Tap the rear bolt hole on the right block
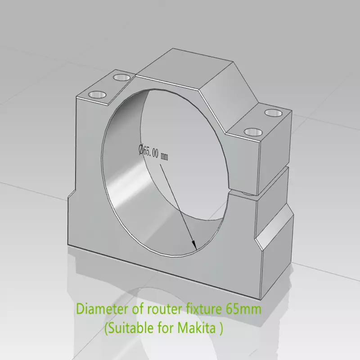273,112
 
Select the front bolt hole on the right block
253,132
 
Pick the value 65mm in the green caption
243,310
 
